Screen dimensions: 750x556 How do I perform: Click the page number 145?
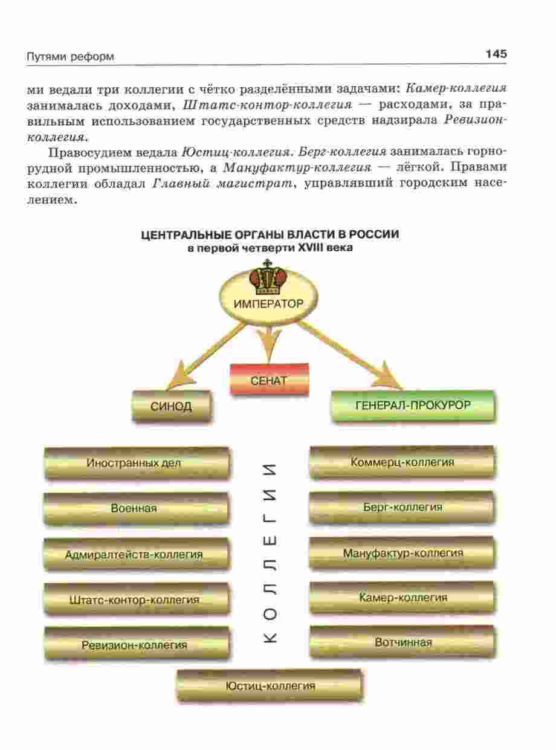click(495, 54)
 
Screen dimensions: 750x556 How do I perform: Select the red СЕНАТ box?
click(269, 380)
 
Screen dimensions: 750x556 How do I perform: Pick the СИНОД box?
click(171, 406)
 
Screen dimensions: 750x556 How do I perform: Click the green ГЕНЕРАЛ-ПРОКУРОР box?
click(413, 405)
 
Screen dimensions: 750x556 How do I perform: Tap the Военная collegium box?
click(135, 508)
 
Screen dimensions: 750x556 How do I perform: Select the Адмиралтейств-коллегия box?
click(135, 554)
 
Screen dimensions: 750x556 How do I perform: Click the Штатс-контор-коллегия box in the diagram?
click(135, 600)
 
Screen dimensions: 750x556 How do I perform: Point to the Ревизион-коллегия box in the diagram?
click(135, 644)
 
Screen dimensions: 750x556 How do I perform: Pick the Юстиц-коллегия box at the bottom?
click(270, 686)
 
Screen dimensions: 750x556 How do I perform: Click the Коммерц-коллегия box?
click(402, 463)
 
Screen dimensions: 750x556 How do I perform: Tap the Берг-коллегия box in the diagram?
click(402, 508)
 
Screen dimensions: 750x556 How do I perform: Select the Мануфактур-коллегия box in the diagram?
click(402, 553)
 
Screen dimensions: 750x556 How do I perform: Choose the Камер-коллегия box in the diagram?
click(402, 598)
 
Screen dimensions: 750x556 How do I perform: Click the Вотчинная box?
click(402, 642)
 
